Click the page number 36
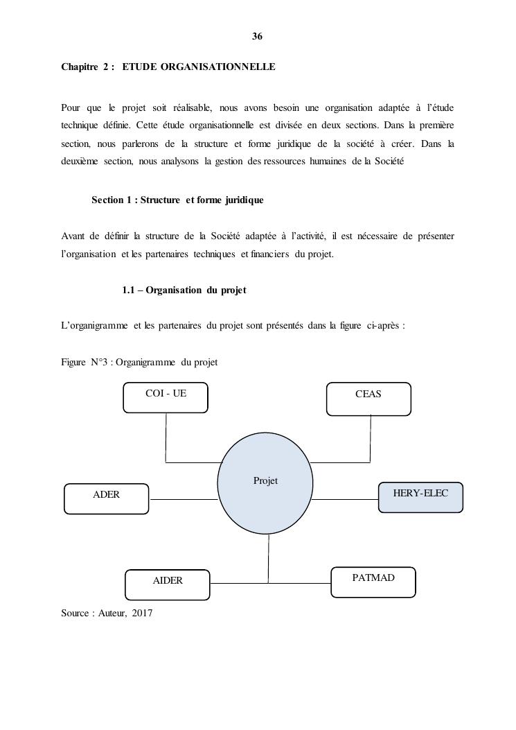(x=257, y=36)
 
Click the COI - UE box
(x=165, y=397)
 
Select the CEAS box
(x=368, y=399)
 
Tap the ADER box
(x=106, y=498)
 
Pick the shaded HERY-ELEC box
(x=420, y=497)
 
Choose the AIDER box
(x=167, y=584)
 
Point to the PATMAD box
(x=373, y=581)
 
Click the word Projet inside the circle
(x=265, y=480)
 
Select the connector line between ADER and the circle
(x=184, y=499)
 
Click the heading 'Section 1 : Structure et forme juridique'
(x=177, y=200)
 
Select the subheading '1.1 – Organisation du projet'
(x=184, y=290)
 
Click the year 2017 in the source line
(x=142, y=613)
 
